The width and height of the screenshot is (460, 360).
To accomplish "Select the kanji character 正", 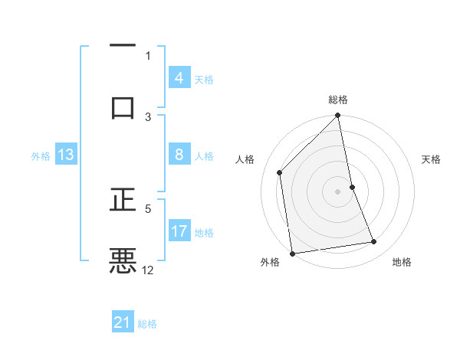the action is [123, 199].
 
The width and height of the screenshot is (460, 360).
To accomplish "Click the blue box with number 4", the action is [179, 78].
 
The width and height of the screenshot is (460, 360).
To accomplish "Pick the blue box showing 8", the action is [179, 155].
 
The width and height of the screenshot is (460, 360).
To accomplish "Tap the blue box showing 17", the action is [179, 231].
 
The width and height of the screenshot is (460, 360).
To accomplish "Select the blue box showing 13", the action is [65, 155].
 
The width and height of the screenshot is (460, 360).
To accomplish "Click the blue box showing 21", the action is [122, 323].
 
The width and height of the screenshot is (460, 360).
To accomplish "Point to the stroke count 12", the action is [148, 270].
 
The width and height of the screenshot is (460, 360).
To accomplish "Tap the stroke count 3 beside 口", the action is [148, 116].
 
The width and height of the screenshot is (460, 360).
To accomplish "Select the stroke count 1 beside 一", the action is [148, 55].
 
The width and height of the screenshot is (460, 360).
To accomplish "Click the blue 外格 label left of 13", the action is [41, 156].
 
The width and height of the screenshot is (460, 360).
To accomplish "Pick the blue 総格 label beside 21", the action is [147, 324].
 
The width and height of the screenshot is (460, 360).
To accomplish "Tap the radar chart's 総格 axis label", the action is [338, 100].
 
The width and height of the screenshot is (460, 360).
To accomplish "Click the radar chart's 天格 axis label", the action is [431, 159].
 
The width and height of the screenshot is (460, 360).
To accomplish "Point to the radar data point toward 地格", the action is [374, 242].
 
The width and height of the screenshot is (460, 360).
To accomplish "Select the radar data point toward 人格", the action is [280, 172].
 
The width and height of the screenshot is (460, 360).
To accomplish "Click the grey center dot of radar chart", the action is [338, 191].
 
